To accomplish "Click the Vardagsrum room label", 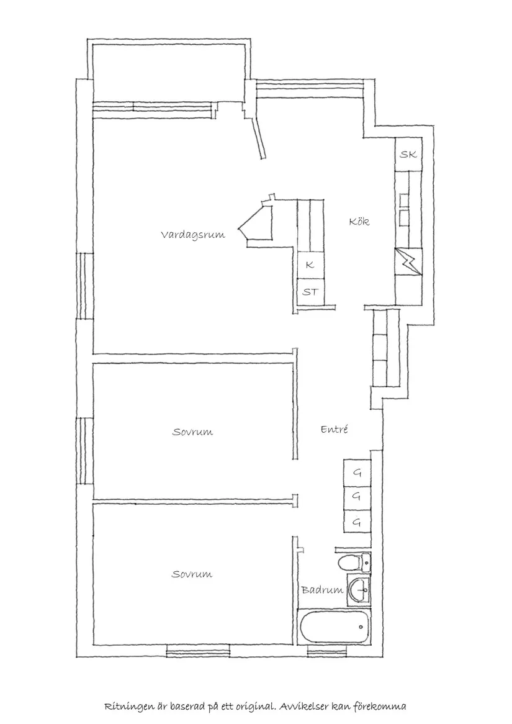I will pos(192,235).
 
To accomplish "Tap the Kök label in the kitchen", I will pos(359,221).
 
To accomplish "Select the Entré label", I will pos(335,429).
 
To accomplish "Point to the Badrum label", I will pos(322,590).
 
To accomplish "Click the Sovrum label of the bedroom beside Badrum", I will pos(192,574).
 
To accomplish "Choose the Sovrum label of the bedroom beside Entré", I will pos(192,432).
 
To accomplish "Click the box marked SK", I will pos(408,155).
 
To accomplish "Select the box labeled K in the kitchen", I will pos(310,265).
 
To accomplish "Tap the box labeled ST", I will pos(310,291).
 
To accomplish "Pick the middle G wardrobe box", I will pos(357,497).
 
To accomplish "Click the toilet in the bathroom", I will pos(353,564).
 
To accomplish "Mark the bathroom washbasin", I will pos(359,589).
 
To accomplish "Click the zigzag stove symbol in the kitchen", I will pos(408,261).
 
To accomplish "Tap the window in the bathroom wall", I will pos(326,652).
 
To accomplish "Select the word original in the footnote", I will pos(253,707).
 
